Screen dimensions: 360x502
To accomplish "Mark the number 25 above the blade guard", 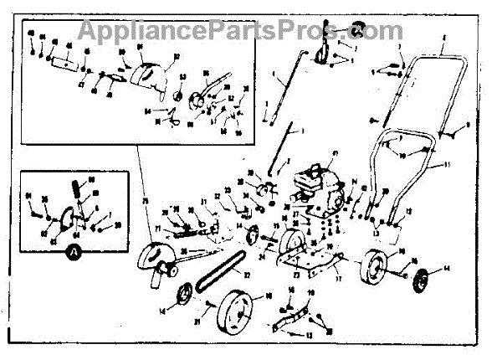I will [146, 202].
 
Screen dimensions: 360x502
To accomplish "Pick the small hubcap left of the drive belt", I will [182, 296].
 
